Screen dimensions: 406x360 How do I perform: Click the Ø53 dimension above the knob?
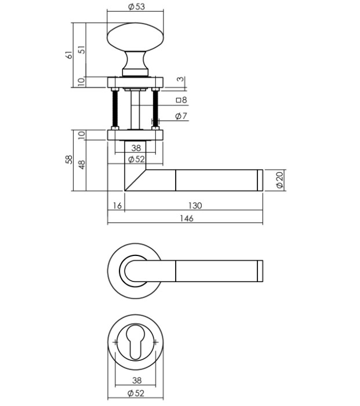coord(135,7)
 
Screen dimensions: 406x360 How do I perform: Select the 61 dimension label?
coord(69,55)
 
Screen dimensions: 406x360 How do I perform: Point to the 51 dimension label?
coord(82,50)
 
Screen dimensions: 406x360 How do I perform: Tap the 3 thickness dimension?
coord(180,79)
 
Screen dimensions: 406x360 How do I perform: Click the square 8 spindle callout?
coord(180,100)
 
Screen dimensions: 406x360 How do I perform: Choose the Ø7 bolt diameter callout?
coord(180,116)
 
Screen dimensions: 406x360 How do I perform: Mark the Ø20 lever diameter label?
coord(279,180)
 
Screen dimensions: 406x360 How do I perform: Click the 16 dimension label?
coord(116,206)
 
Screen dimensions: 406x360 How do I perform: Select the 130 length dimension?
coord(194,206)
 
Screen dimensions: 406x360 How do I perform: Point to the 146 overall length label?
coord(186,218)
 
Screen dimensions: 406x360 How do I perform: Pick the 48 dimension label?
coord(82,164)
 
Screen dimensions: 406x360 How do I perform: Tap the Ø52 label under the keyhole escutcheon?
coord(135,394)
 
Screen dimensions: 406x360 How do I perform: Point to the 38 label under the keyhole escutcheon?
coord(135,381)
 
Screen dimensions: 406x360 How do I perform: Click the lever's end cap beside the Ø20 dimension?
coord(260,180)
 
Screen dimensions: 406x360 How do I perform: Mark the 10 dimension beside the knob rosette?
coord(82,82)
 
